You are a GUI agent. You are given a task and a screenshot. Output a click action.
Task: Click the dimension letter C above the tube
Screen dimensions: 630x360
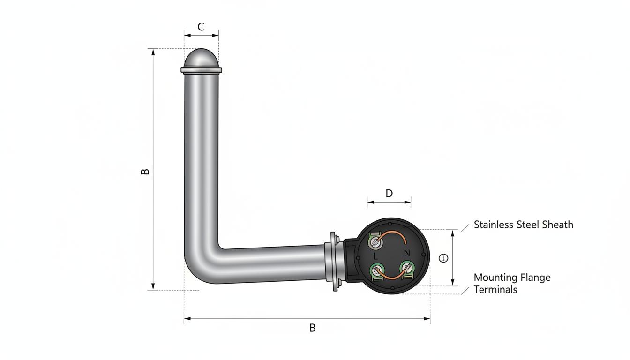click(x=201, y=27)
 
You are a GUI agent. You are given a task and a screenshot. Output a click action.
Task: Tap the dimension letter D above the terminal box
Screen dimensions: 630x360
click(x=389, y=194)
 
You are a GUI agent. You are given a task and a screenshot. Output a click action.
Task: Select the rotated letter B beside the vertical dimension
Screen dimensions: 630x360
click(x=145, y=172)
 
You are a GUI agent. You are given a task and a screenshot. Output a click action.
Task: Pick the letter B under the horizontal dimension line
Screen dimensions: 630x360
click(x=313, y=328)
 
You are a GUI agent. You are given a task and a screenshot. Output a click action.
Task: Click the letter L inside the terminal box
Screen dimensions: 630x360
click(x=375, y=256)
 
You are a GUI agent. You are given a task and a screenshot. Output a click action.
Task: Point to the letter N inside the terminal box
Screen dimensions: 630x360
click(x=407, y=254)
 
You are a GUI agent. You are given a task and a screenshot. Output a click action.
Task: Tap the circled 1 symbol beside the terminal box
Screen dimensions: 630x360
click(x=443, y=258)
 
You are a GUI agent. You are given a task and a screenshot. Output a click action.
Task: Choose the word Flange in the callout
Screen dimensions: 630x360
click(x=536, y=278)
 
